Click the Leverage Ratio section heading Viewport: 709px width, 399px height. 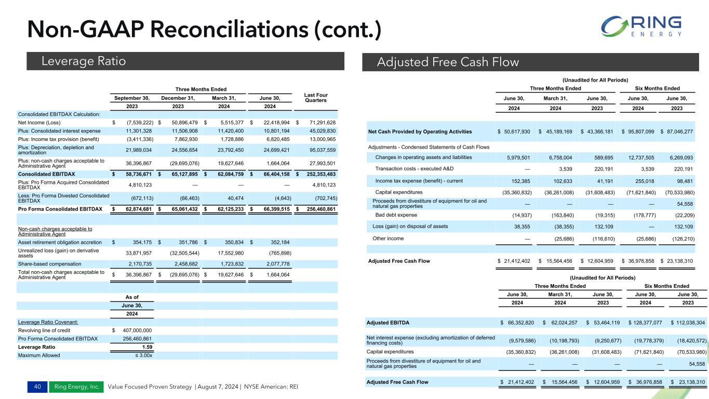coord(84,61)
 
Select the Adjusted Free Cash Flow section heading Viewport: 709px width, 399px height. coord(447,62)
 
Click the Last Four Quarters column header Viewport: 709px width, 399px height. coord(315,98)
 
